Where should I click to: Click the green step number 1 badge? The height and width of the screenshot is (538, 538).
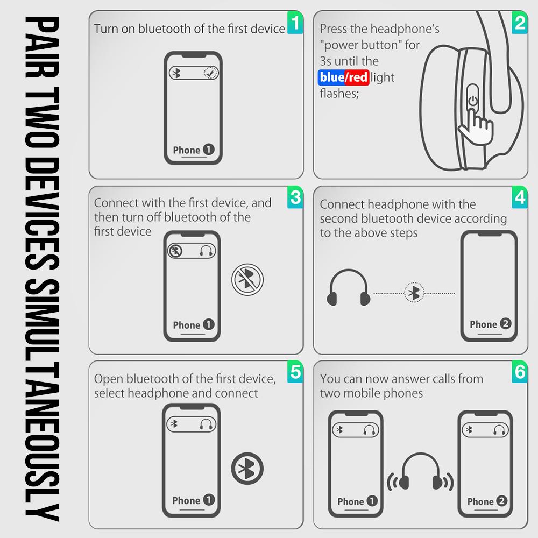(295, 23)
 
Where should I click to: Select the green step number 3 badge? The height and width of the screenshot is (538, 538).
(295, 197)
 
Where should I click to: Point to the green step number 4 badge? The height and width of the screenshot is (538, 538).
(519, 197)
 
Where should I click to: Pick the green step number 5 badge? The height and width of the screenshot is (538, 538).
(295, 372)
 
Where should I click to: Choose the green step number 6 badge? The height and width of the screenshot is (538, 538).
(519, 372)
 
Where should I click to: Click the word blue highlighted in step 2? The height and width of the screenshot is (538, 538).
(331, 77)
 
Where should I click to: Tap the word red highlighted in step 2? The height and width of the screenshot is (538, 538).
(357, 77)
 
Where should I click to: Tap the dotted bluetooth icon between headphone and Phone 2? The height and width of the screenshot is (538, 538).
(414, 293)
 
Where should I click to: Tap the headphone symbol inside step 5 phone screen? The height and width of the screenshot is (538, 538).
(206, 423)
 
